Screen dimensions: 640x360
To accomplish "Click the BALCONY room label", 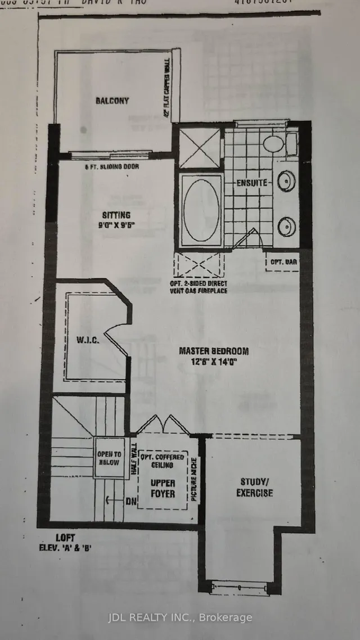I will (x=111, y=101).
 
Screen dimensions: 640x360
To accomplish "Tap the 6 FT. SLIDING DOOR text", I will (x=111, y=166).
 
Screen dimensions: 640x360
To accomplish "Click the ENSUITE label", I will (x=248, y=183).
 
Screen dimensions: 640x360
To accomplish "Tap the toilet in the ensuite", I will (x=274, y=143).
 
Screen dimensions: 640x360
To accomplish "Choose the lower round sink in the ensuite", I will (x=287, y=226).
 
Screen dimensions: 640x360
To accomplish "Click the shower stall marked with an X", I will (x=200, y=147).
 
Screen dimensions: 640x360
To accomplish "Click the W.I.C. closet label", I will (x=88, y=341).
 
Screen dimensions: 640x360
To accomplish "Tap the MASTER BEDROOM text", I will (x=214, y=351).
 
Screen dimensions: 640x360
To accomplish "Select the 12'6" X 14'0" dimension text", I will (x=214, y=363).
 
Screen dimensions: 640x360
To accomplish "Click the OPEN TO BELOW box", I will (x=109, y=458).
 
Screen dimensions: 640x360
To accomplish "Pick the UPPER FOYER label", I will (x=163, y=488).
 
